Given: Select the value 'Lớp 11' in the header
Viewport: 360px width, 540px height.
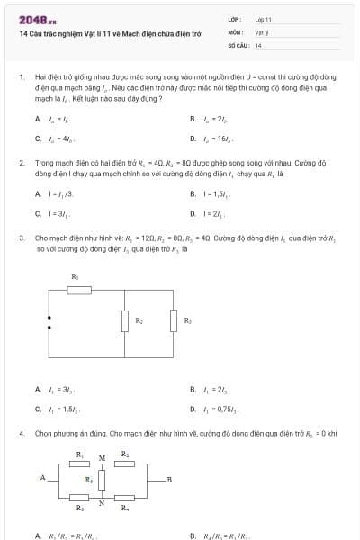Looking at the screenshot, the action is [x=263, y=19].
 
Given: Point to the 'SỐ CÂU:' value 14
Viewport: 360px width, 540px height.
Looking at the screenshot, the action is [x=258, y=44].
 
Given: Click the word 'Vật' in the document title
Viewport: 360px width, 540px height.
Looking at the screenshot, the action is [x=102, y=33].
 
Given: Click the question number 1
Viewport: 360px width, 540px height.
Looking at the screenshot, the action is [x=21, y=78].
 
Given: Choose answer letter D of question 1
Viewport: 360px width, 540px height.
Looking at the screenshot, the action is [x=193, y=139].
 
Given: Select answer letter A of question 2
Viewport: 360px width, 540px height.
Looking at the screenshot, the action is [x=38, y=193].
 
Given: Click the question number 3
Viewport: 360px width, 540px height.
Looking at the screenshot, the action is [x=21, y=238].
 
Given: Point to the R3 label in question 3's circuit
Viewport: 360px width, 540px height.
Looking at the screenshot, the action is [x=187, y=320].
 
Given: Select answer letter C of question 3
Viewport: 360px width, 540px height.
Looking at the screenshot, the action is [x=38, y=409].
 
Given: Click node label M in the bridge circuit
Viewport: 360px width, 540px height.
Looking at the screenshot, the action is [x=102, y=457].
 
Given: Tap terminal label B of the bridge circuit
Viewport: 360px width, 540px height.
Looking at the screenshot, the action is [x=169, y=478].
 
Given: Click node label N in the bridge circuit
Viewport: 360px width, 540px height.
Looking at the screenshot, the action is [x=102, y=503].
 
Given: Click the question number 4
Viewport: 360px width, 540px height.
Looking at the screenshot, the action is [x=21, y=433].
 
